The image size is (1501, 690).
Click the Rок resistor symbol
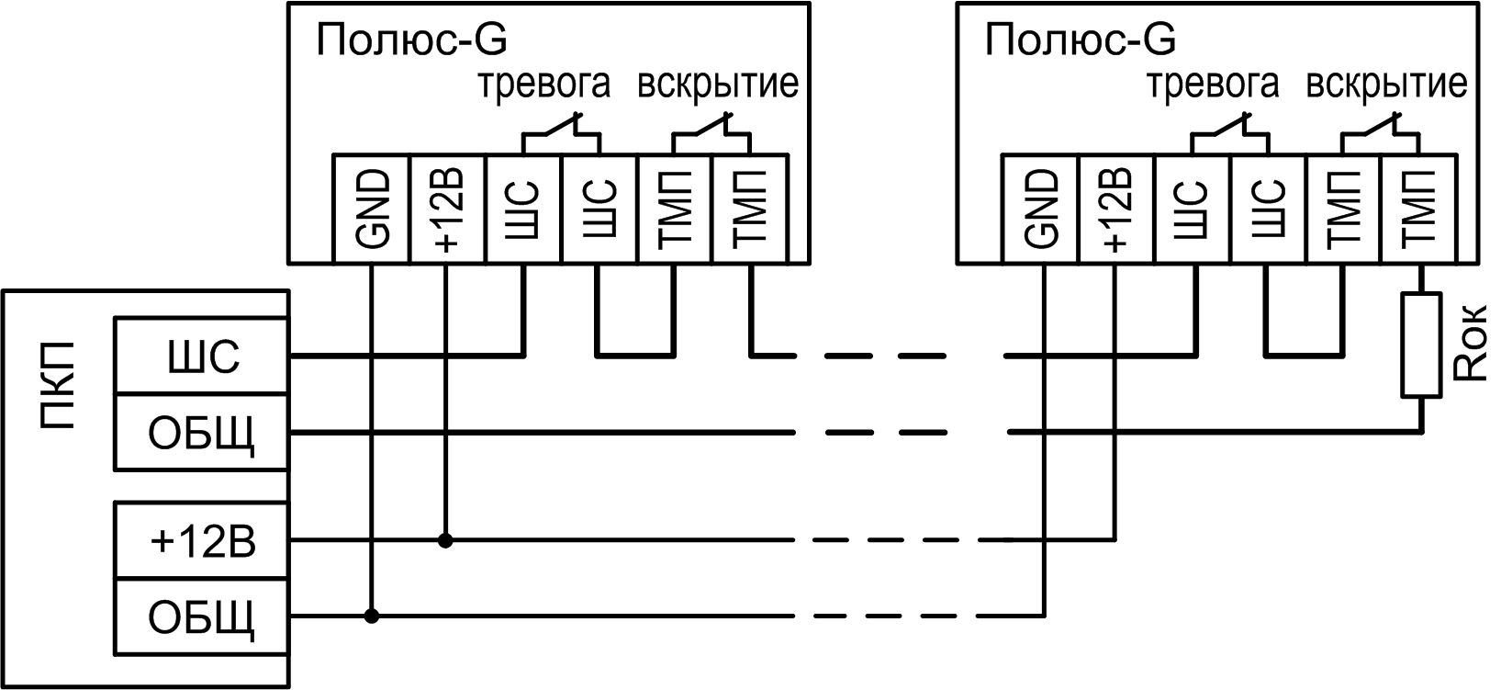1420,345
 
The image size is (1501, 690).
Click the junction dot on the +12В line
446,541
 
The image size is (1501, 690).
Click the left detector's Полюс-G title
411,41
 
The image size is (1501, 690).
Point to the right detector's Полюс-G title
1080,41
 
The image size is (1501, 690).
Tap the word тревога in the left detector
544,85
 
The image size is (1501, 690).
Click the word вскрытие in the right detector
1386,85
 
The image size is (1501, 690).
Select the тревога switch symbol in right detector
1231,132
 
